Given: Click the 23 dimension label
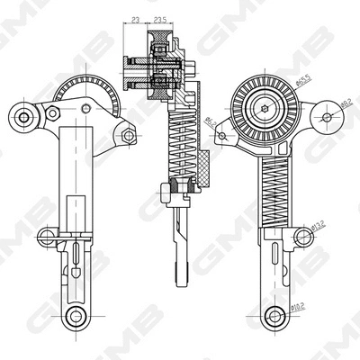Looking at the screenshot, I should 134,18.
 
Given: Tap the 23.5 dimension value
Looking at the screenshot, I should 163,18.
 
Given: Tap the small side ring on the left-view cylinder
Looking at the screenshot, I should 42,238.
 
